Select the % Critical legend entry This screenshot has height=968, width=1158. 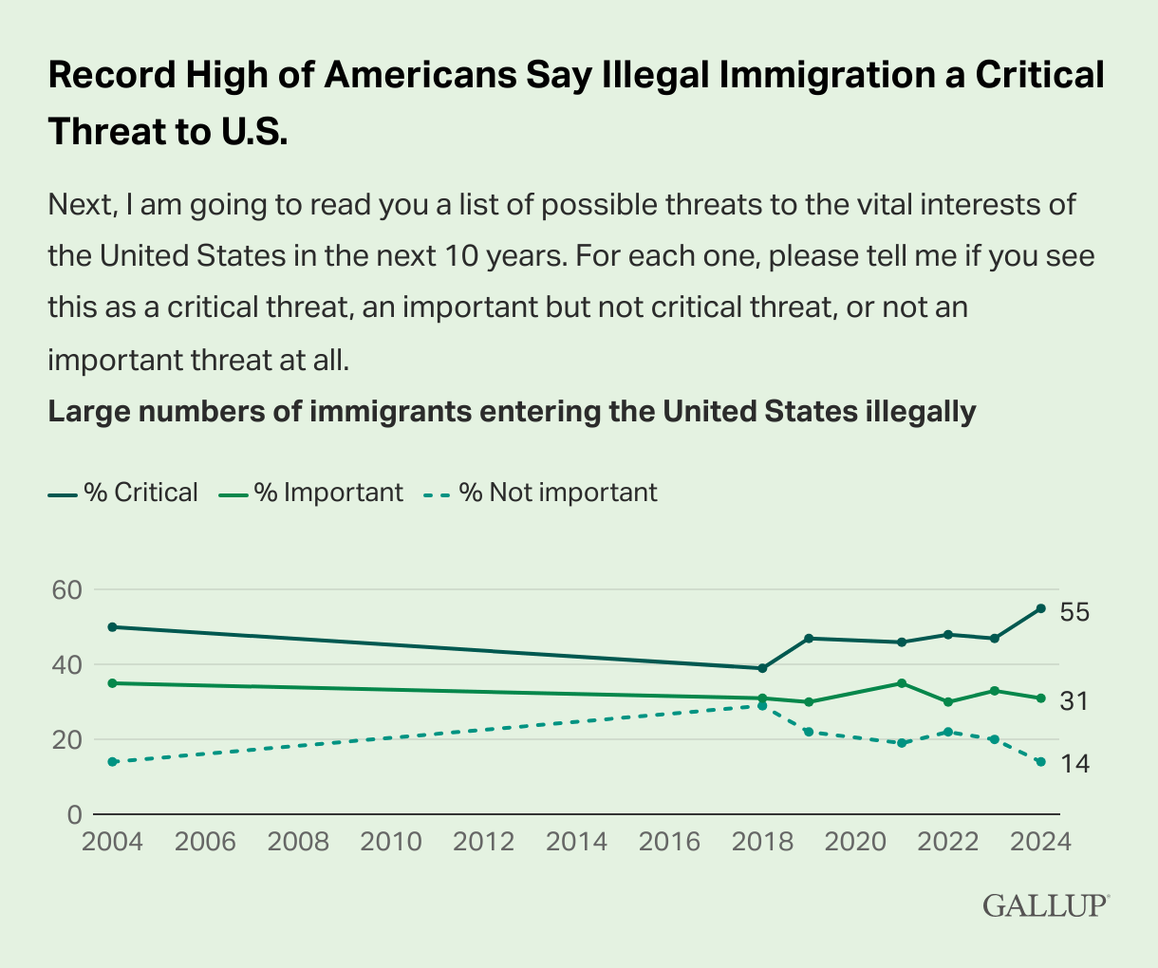point(123,493)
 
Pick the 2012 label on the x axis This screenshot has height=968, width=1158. point(484,841)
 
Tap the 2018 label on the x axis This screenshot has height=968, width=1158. point(762,841)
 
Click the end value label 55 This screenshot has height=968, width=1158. point(1074,612)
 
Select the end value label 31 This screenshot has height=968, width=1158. point(1073,701)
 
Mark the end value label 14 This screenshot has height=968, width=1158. point(1073,763)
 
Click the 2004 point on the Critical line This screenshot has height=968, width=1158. point(112,627)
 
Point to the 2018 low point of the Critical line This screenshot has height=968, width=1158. point(762,668)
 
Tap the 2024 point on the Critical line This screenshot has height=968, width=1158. point(1041,608)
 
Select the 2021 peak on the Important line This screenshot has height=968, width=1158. point(902,683)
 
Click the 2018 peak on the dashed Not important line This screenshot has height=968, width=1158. point(762,706)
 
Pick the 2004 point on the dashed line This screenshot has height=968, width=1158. point(112,762)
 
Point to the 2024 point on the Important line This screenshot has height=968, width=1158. point(1041,698)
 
